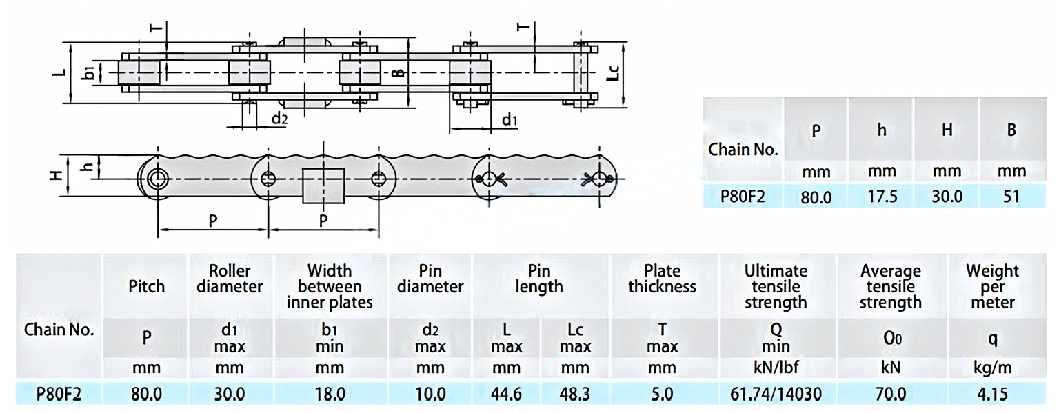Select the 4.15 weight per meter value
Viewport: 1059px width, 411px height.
pyautogui.click(x=991, y=394)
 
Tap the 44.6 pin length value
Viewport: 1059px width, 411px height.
pyautogui.click(x=506, y=394)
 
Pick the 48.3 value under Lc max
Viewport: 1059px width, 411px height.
pyautogui.click(x=574, y=394)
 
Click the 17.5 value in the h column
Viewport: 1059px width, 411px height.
pyautogui.click(x=882, y=197)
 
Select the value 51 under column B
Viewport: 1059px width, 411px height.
pyautogui.click(x=1011, y=197)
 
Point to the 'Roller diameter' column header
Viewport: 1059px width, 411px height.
pyautogui.click(x=229, y=279)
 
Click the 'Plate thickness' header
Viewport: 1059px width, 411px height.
pyautogui.click(x=662, y=279)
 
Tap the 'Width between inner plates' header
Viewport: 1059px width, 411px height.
pyautogui.click(x=330, y=286)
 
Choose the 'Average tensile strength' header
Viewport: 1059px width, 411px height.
pyautogui.click(x=890, y=286)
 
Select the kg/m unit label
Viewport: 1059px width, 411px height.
pyautogui.click(x=993, y=368)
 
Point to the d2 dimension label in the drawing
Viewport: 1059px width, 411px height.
pyautogui.click(x=279, y=119)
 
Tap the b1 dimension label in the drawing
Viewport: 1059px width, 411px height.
pyautogui.click(x=88, y=71)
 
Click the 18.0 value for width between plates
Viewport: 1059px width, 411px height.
pyautogui.click(x=330, y=394)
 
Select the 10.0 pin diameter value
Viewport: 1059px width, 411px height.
pyautogui.click(x=430, y=394)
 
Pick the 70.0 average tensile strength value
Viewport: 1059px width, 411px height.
pyautogui.click(x=890, y=394)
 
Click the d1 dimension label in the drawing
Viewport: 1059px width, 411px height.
pyautogui.click(x=510, y=121)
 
